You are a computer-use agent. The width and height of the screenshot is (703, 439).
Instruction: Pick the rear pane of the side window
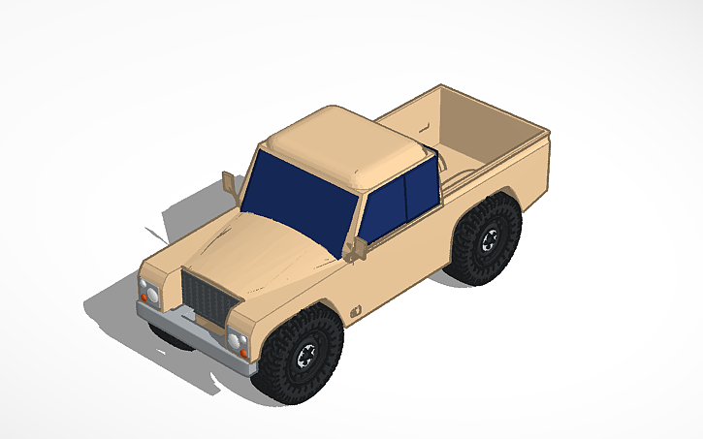[422, 190]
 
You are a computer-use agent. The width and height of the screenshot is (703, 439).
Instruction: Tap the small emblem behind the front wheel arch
[356, 311]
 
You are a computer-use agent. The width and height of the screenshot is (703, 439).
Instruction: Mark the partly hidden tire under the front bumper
[170, 338]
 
